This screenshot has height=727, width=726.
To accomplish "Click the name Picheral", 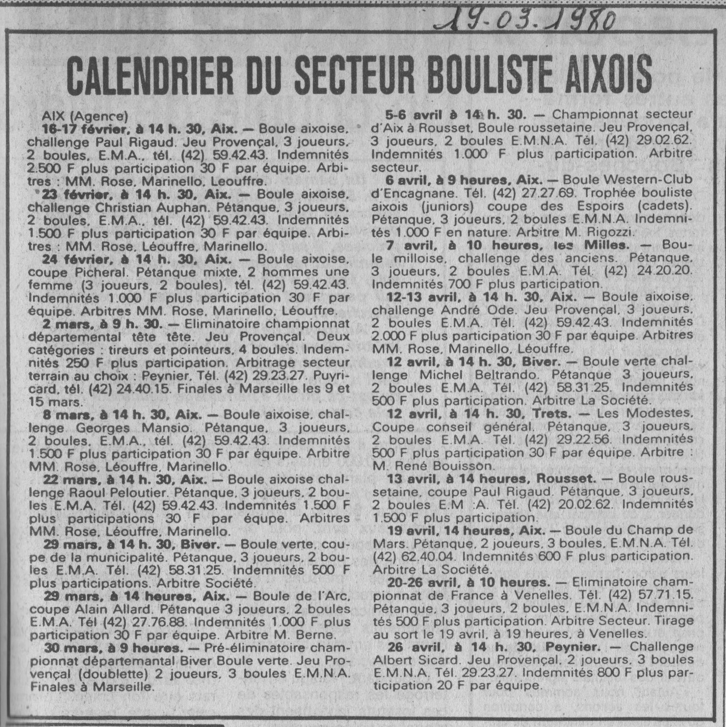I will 98,272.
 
